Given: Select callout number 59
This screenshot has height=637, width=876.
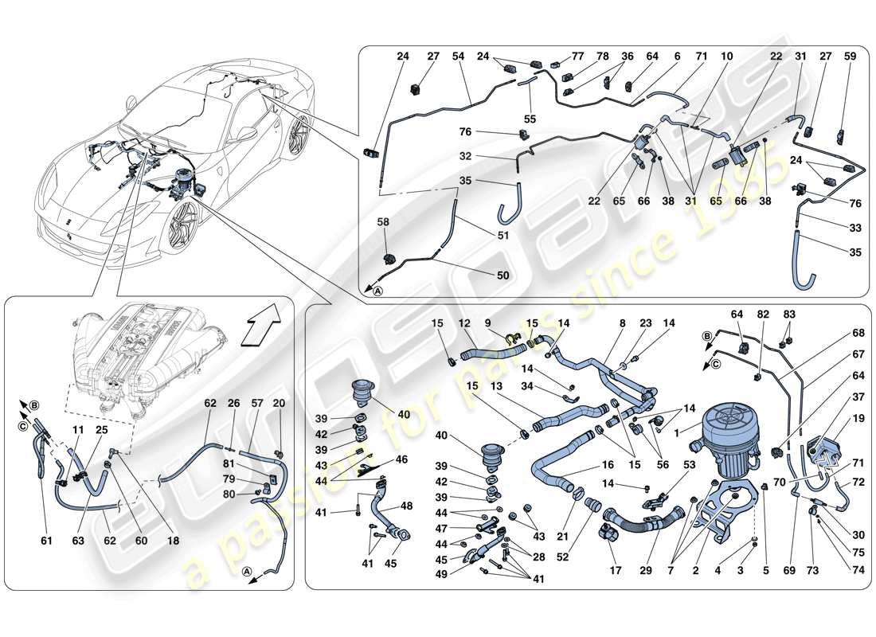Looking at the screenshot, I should (x=850, y=57).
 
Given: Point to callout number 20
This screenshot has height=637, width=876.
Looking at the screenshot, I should (x=278, y=404).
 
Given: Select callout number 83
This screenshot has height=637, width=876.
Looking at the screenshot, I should (x=789, y=315).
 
